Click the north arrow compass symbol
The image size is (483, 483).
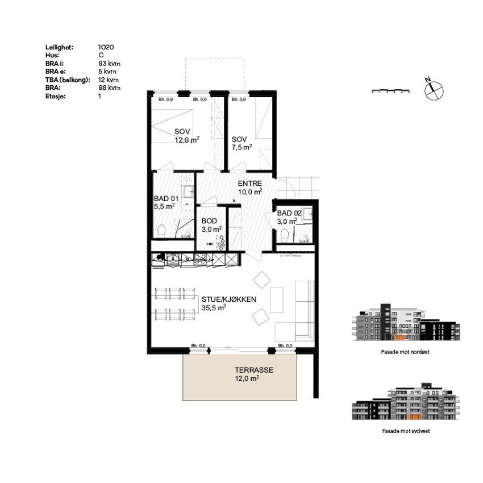[x=433, y=88]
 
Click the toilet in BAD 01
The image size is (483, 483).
[x=161, y=230]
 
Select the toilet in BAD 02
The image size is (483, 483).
[x=285, y=234]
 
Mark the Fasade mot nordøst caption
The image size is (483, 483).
[x=405, y=352]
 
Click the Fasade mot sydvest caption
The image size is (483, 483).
[x=405, y=431]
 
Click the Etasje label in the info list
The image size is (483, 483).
[x=55, y=96]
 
